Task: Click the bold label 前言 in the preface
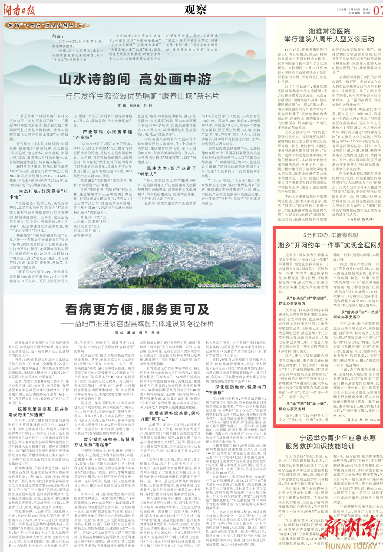click(x=58, y=36)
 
